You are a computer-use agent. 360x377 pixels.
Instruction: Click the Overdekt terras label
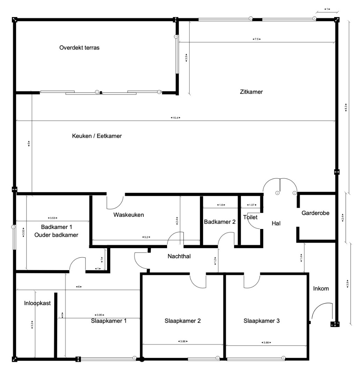pos(79,48)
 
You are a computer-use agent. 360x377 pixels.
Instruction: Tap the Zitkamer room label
pos(251,92)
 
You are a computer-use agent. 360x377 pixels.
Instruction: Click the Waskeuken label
pos(128,215)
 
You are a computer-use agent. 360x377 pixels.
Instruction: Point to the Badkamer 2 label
pos(220,222)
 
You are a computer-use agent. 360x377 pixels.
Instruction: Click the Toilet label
pos(250,217)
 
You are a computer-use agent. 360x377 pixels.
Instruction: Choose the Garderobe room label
pos(316,213)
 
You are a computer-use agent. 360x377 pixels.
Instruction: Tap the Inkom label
pos(321,288)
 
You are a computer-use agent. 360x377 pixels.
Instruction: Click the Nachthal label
pos(179,256)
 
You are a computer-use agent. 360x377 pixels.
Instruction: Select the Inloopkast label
pos(38,303)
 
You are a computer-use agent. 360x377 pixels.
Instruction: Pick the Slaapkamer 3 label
pos(261,321)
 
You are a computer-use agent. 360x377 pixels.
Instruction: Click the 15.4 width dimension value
pos(175,118)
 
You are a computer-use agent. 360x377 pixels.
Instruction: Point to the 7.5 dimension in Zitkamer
pos(256,39)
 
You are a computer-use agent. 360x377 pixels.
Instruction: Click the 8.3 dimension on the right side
pos(346,107)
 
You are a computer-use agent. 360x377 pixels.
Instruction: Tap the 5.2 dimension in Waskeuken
pos(146,237)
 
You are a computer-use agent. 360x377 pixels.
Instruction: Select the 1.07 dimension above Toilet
pos(251,205)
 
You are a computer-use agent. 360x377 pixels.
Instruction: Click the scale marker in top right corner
pos(327,9)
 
